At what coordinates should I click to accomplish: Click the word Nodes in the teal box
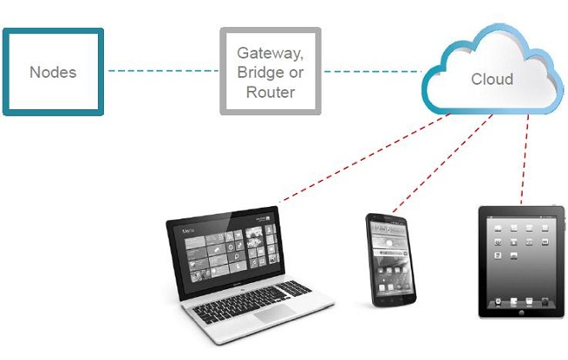pos(53,73)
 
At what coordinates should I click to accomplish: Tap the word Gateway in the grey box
pos(270,53)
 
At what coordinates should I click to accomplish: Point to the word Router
pos(270,92)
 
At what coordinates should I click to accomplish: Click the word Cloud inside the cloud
pos(492,79)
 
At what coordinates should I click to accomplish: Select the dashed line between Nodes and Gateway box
pos(163,71)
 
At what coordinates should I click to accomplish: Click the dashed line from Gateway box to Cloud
pos(373,72)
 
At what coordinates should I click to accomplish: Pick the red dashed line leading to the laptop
pos(365,157)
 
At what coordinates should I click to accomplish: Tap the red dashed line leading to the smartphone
pos(443,163)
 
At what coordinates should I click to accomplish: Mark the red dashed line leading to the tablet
pos(524,159)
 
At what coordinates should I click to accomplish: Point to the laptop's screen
pos(227,250)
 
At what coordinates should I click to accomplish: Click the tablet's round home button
pos(522,312)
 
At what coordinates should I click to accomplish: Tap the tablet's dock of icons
pos(522,301)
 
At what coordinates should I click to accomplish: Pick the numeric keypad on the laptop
pos(294,288)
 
